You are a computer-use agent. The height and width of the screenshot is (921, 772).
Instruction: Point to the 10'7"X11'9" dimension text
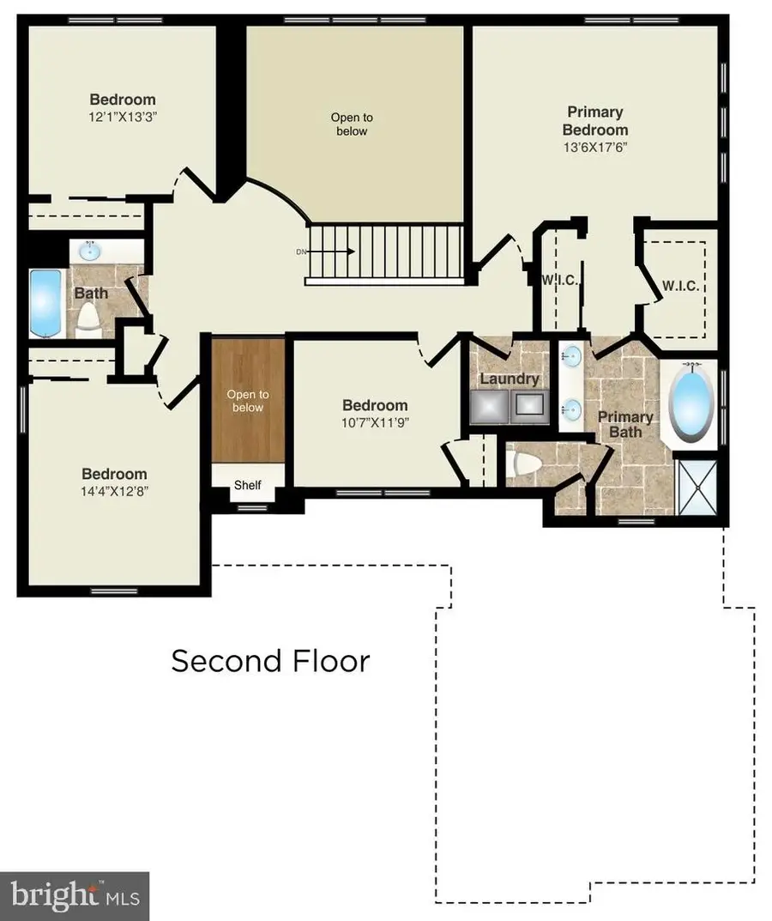(375, 422)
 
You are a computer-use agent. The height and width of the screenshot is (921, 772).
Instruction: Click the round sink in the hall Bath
(89, 251)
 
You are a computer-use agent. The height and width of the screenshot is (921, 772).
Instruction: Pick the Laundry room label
(509, 379)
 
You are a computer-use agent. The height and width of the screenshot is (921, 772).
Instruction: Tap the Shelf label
(247, 485)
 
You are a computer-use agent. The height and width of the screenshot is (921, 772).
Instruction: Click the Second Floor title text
(270, 661)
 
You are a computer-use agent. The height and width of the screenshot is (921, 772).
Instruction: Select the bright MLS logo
(75, 897)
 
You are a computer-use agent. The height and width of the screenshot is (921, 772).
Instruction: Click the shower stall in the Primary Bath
(697, 487)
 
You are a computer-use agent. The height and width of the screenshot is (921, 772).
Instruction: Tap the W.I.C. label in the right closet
(679, 286)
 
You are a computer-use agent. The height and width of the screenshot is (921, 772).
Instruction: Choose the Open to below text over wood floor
(247, 401)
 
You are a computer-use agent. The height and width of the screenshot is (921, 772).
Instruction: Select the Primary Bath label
(625, 424)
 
